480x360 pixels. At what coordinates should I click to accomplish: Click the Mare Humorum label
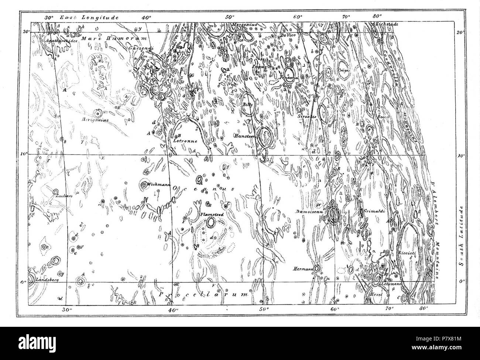click(114, 38)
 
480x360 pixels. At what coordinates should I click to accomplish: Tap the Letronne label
click(185, 141)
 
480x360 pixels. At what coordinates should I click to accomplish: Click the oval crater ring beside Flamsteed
click(211, 222)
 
